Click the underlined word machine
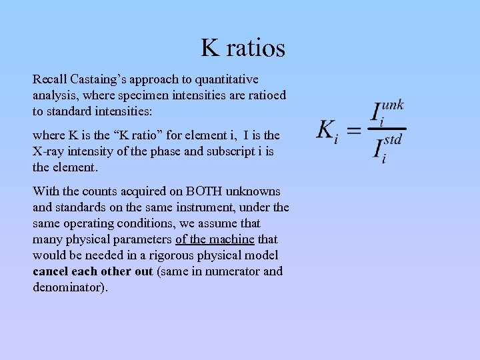[x=233, y=239]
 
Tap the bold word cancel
[x=51, y=271]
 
